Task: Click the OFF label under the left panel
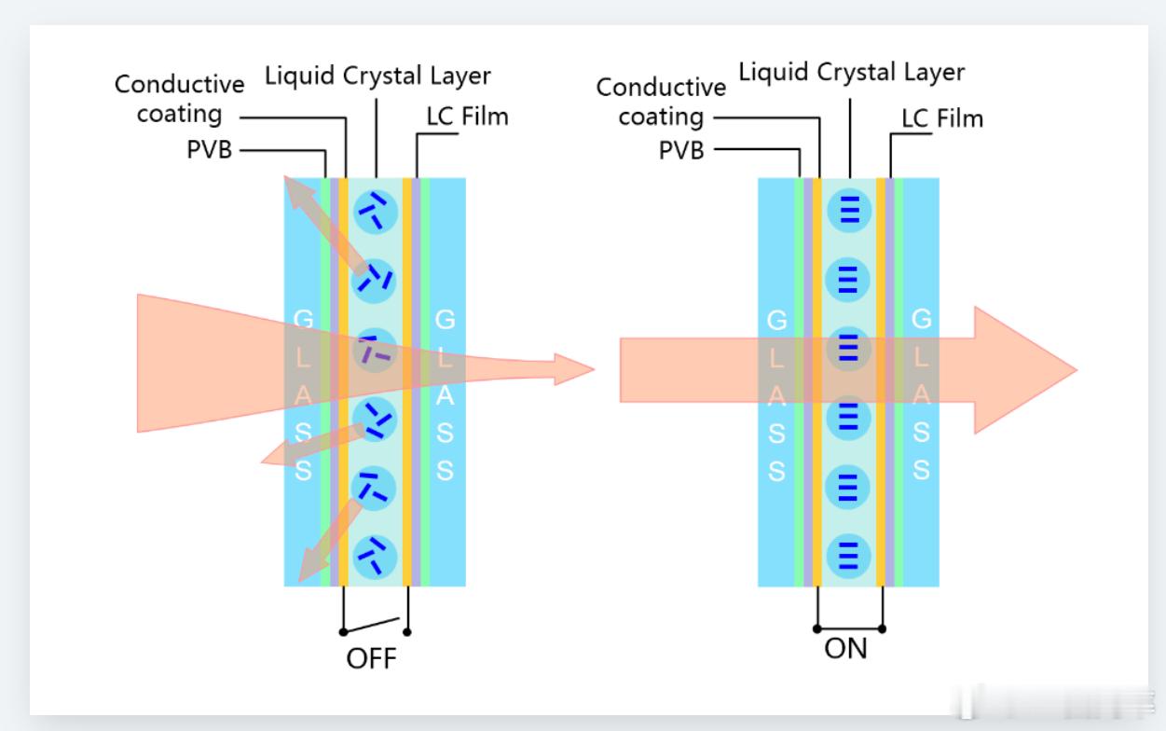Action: pos(371,659)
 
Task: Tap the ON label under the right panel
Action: pos(846,649)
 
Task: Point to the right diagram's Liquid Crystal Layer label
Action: pos(852,71)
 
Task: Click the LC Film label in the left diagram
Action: pos(469,117)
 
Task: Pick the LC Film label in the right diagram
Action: pos(942,119)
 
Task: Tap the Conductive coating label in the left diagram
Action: pos(180,99)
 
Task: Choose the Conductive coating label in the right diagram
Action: pos(661,103)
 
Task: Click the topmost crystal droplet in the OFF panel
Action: pos(377,211)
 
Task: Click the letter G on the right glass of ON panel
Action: pos(921,320)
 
